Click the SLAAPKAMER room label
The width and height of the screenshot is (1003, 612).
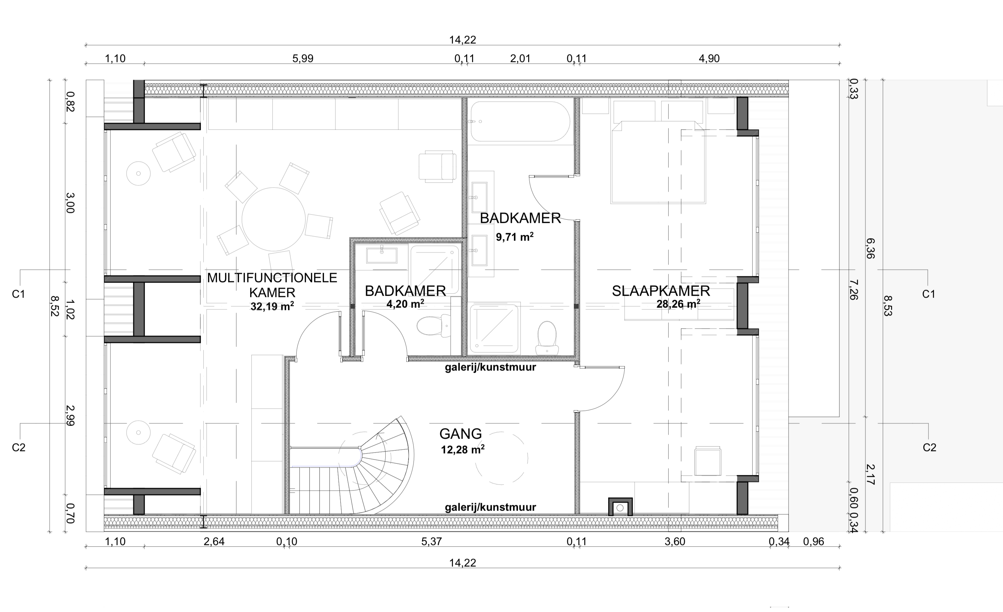[x=661, y=291]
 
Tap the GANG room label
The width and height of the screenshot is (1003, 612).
[x=460, y=434]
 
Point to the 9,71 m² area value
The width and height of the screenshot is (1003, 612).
[x=515, y=237]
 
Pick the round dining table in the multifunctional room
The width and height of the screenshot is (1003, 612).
[x=274, y=219]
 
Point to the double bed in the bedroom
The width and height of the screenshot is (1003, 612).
[x=658, y=162]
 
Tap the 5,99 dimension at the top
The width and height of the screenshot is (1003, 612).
[x=303, y=59]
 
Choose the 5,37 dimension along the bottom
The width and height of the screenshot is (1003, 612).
[x=431, y=542]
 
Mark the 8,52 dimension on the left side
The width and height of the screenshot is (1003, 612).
[x=54, y=305]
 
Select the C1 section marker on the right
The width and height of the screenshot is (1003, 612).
[x=929, y=294]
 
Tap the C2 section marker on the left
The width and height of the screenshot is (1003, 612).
[x=19, y=447]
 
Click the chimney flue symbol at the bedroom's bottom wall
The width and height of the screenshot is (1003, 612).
[x=620, y=507]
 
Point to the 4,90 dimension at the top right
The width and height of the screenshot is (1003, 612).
[x=709, y=59]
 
